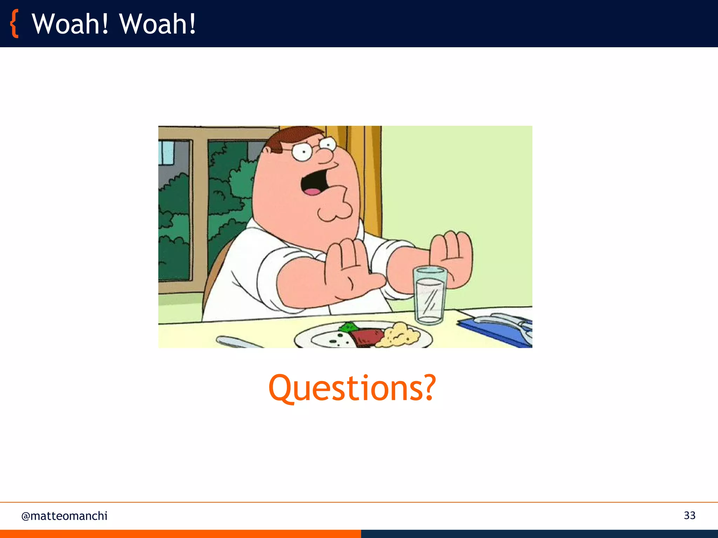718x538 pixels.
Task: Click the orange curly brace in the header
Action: coord(14,24)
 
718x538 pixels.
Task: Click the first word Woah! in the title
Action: coord(70,24)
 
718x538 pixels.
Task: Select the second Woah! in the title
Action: coord(157,24)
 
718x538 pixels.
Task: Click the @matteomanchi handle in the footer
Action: coord(64,516)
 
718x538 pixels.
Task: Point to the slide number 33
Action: coord(689,515)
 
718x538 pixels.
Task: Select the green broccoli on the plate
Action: coord(348,327)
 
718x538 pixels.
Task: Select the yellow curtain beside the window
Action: coord(368,175)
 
